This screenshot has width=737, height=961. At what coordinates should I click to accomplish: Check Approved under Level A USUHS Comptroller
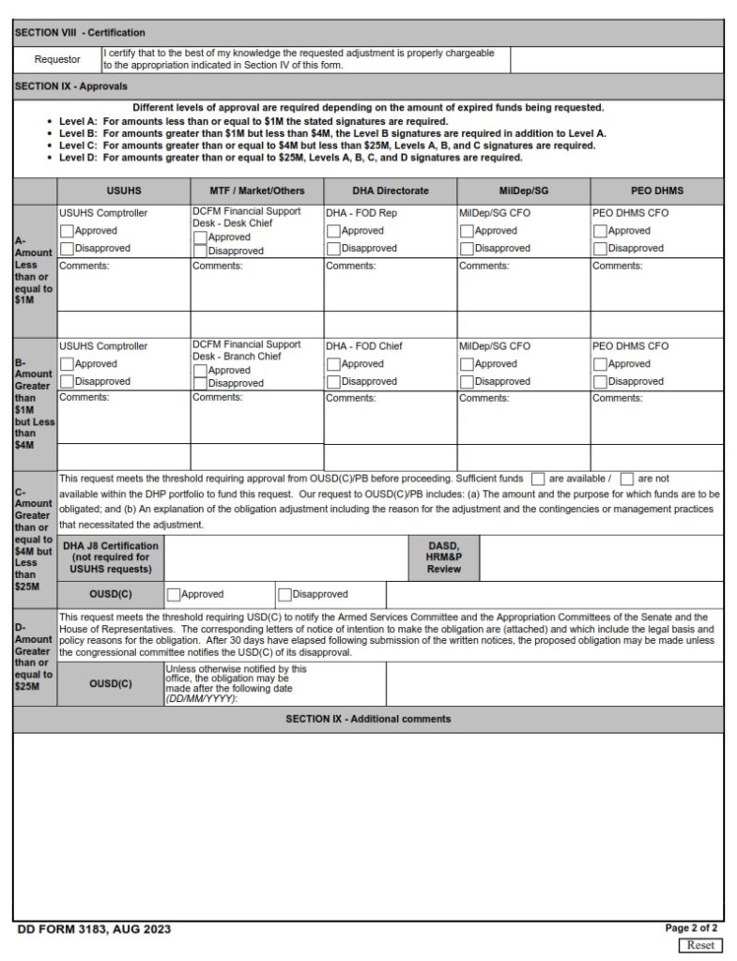pyautogui.click(x=67, y=231)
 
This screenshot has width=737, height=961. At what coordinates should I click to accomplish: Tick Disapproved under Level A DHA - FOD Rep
pyautogui.click(x=333, y=249)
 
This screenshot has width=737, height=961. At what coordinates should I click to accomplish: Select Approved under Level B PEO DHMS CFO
pyautogui.click(x=600, y=364)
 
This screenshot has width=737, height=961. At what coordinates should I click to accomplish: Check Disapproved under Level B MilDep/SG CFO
pyautogui.click(x=467, y=382)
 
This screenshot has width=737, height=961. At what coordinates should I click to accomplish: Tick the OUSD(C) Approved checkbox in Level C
pyautogui.click(x=174, y=594)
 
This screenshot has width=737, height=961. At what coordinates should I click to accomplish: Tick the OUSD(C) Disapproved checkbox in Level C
pyautogui.click(x=284, y=594)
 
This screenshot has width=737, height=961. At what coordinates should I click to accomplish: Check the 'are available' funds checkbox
pyautogui.click(x=538, y=479)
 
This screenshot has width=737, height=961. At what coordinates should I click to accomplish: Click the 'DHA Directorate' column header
pyautogui.click(x=390, y=191)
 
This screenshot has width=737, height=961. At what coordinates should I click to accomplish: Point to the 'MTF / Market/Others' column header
pyautogui.click(x=256, y=191)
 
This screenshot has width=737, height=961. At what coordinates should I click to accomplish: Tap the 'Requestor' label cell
pyautogui.click(x=57, y=60)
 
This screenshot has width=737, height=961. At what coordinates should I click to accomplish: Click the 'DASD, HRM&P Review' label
pyautogui.click(x=443, y=557)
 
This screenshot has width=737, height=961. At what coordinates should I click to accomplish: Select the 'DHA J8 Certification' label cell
pyautogui.click(x=111, y=557)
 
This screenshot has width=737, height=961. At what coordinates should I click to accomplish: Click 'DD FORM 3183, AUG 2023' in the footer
pyautogui.click(x=94, y=929)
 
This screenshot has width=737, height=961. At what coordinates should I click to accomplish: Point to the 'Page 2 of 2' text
pyautogui.click(x=691, y=928)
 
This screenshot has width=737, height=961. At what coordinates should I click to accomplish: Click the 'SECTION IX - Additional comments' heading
pyautogui.click(x=368, y=719)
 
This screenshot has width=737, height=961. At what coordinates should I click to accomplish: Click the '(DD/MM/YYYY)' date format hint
pyautogui.click(x=201, y=698)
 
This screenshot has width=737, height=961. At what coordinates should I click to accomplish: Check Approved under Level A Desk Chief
pyautogui.click(x=200, y=238)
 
